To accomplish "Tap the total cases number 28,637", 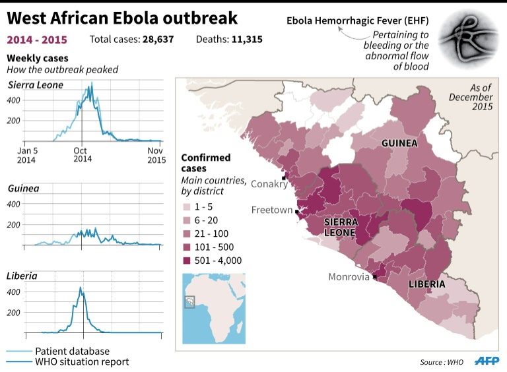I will click(159, 40).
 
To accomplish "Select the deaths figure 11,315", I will click(247, 40).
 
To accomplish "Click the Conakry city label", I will click(269, 184).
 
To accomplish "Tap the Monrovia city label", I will click(349, 277).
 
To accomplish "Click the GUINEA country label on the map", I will click(399, 143).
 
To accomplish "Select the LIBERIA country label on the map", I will click(426, 284).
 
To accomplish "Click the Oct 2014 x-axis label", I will click(83, 154).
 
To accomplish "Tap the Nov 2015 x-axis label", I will click(156, 154).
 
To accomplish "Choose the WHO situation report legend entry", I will click(81, 361).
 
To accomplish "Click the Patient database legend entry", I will click(72, 351).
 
